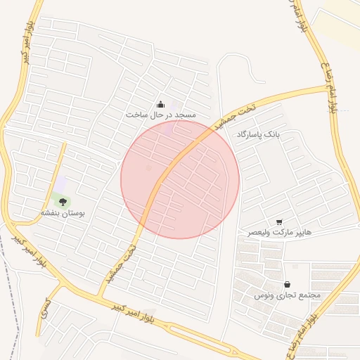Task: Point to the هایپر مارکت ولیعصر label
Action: [279, 232]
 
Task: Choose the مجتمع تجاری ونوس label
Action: [287, 295]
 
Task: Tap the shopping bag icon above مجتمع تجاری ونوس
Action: [287, 284]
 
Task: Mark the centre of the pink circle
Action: [180, 179]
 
